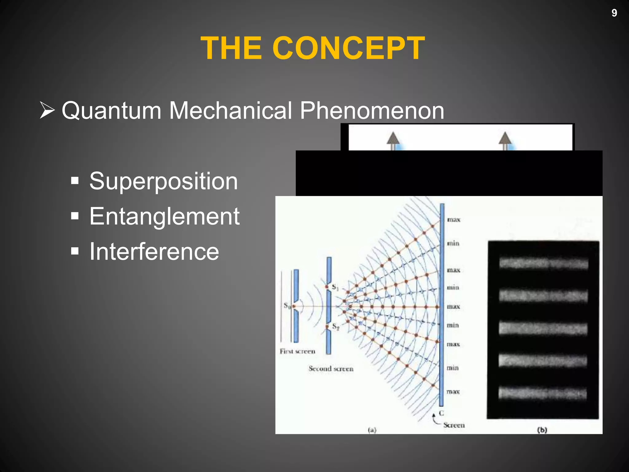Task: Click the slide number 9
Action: pyautogui.click(x=614, y=13)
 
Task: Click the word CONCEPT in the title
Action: pyautogui.click(x=348, y=48)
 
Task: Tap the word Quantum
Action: pyautogui.click(x=111, y=111)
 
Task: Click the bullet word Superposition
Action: pyautogui.click(x=163, y=181)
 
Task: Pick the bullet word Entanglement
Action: pyautogui.click(x=164, y=217)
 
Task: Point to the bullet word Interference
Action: pyautogui.click(x=154, y=252)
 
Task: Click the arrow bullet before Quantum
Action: pyautogui.click(x=47, y=110)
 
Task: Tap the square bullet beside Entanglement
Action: pyautogui.click(x=75, y=216)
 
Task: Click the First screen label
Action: pyautogui.click(x=297, y=351)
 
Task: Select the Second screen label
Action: pyautogui.click(x=331, y=368)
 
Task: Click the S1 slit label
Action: pyautogui.click(x=335, y=287)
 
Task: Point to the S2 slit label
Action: pyautogui.click(x=336, y=327)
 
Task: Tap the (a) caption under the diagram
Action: pyautogui.click(x=372, y=430)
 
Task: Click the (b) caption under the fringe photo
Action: pyautogui.click(x=542, y=430)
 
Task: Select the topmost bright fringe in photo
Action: pyautogui.click(x=543, y=263)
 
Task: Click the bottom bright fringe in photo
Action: pyautogui.click(x=542, y=393)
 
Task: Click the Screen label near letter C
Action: pyautogui.click(x=454, y=425)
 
